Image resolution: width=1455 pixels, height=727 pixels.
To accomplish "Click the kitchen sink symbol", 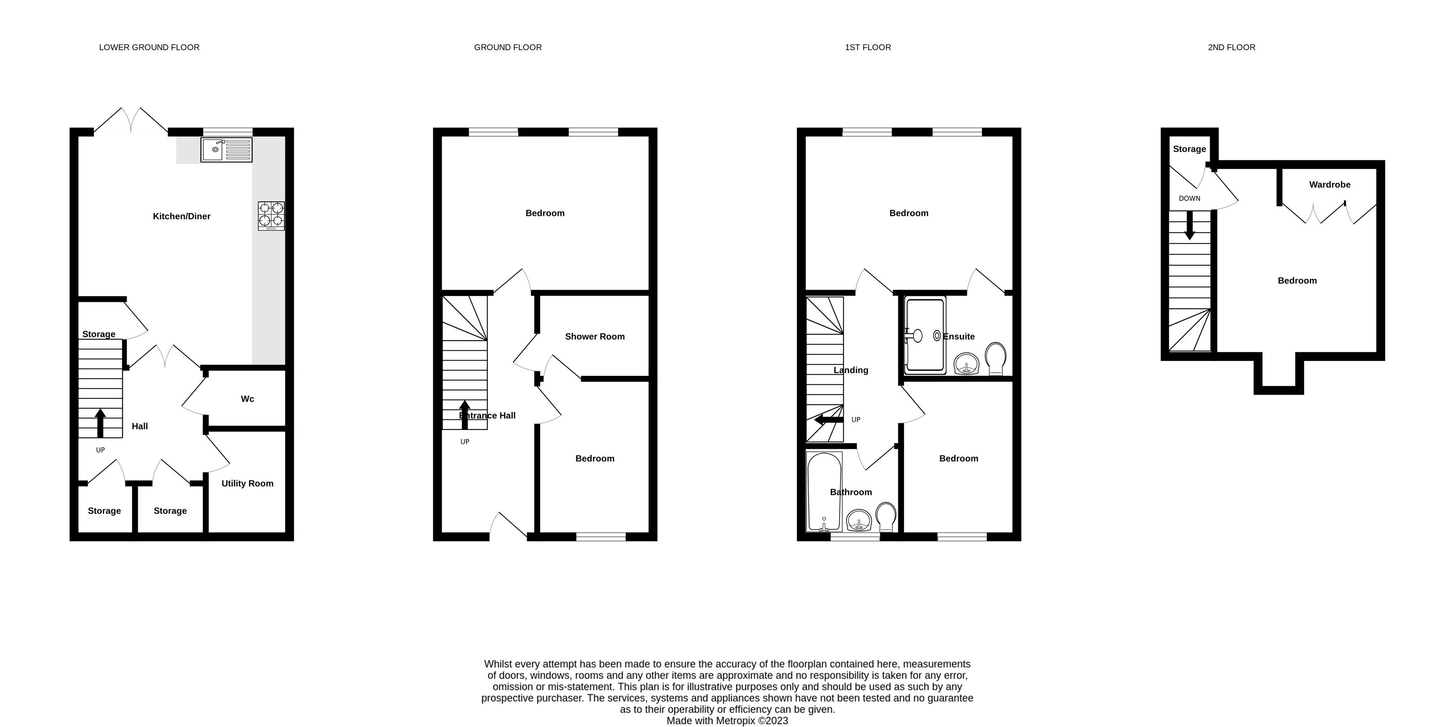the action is (x=227, y=150).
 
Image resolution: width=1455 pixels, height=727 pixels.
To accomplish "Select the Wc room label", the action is (x=247, y=399).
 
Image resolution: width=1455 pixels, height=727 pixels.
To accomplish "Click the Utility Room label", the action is (x=247, y=483).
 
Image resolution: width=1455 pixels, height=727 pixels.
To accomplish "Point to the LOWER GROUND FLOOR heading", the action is (x=149, y=47).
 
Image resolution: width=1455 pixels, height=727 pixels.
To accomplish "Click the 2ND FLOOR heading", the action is (x=1231, y=47).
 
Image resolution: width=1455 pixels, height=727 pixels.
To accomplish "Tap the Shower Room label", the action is (x=595, y=337).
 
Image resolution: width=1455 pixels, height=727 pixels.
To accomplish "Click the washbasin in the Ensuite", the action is (x=966, y=363).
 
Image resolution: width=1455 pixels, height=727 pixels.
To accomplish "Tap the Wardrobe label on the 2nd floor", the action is (x=1330, y=184).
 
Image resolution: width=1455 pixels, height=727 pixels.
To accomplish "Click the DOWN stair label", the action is (x=1189, y=198).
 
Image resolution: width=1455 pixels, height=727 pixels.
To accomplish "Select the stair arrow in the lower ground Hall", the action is (x=100, y=423).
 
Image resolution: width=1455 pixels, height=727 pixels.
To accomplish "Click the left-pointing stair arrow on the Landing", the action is (x=829, y=420).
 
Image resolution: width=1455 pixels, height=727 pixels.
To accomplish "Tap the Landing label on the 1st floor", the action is (x=851, y=370).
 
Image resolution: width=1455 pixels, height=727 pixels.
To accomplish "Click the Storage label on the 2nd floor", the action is (x=1189, y=149).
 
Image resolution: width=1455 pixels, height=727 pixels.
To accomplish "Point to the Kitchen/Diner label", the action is (x=181, y=216).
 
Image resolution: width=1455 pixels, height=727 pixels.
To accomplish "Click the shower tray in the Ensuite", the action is (x=925, y=335).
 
